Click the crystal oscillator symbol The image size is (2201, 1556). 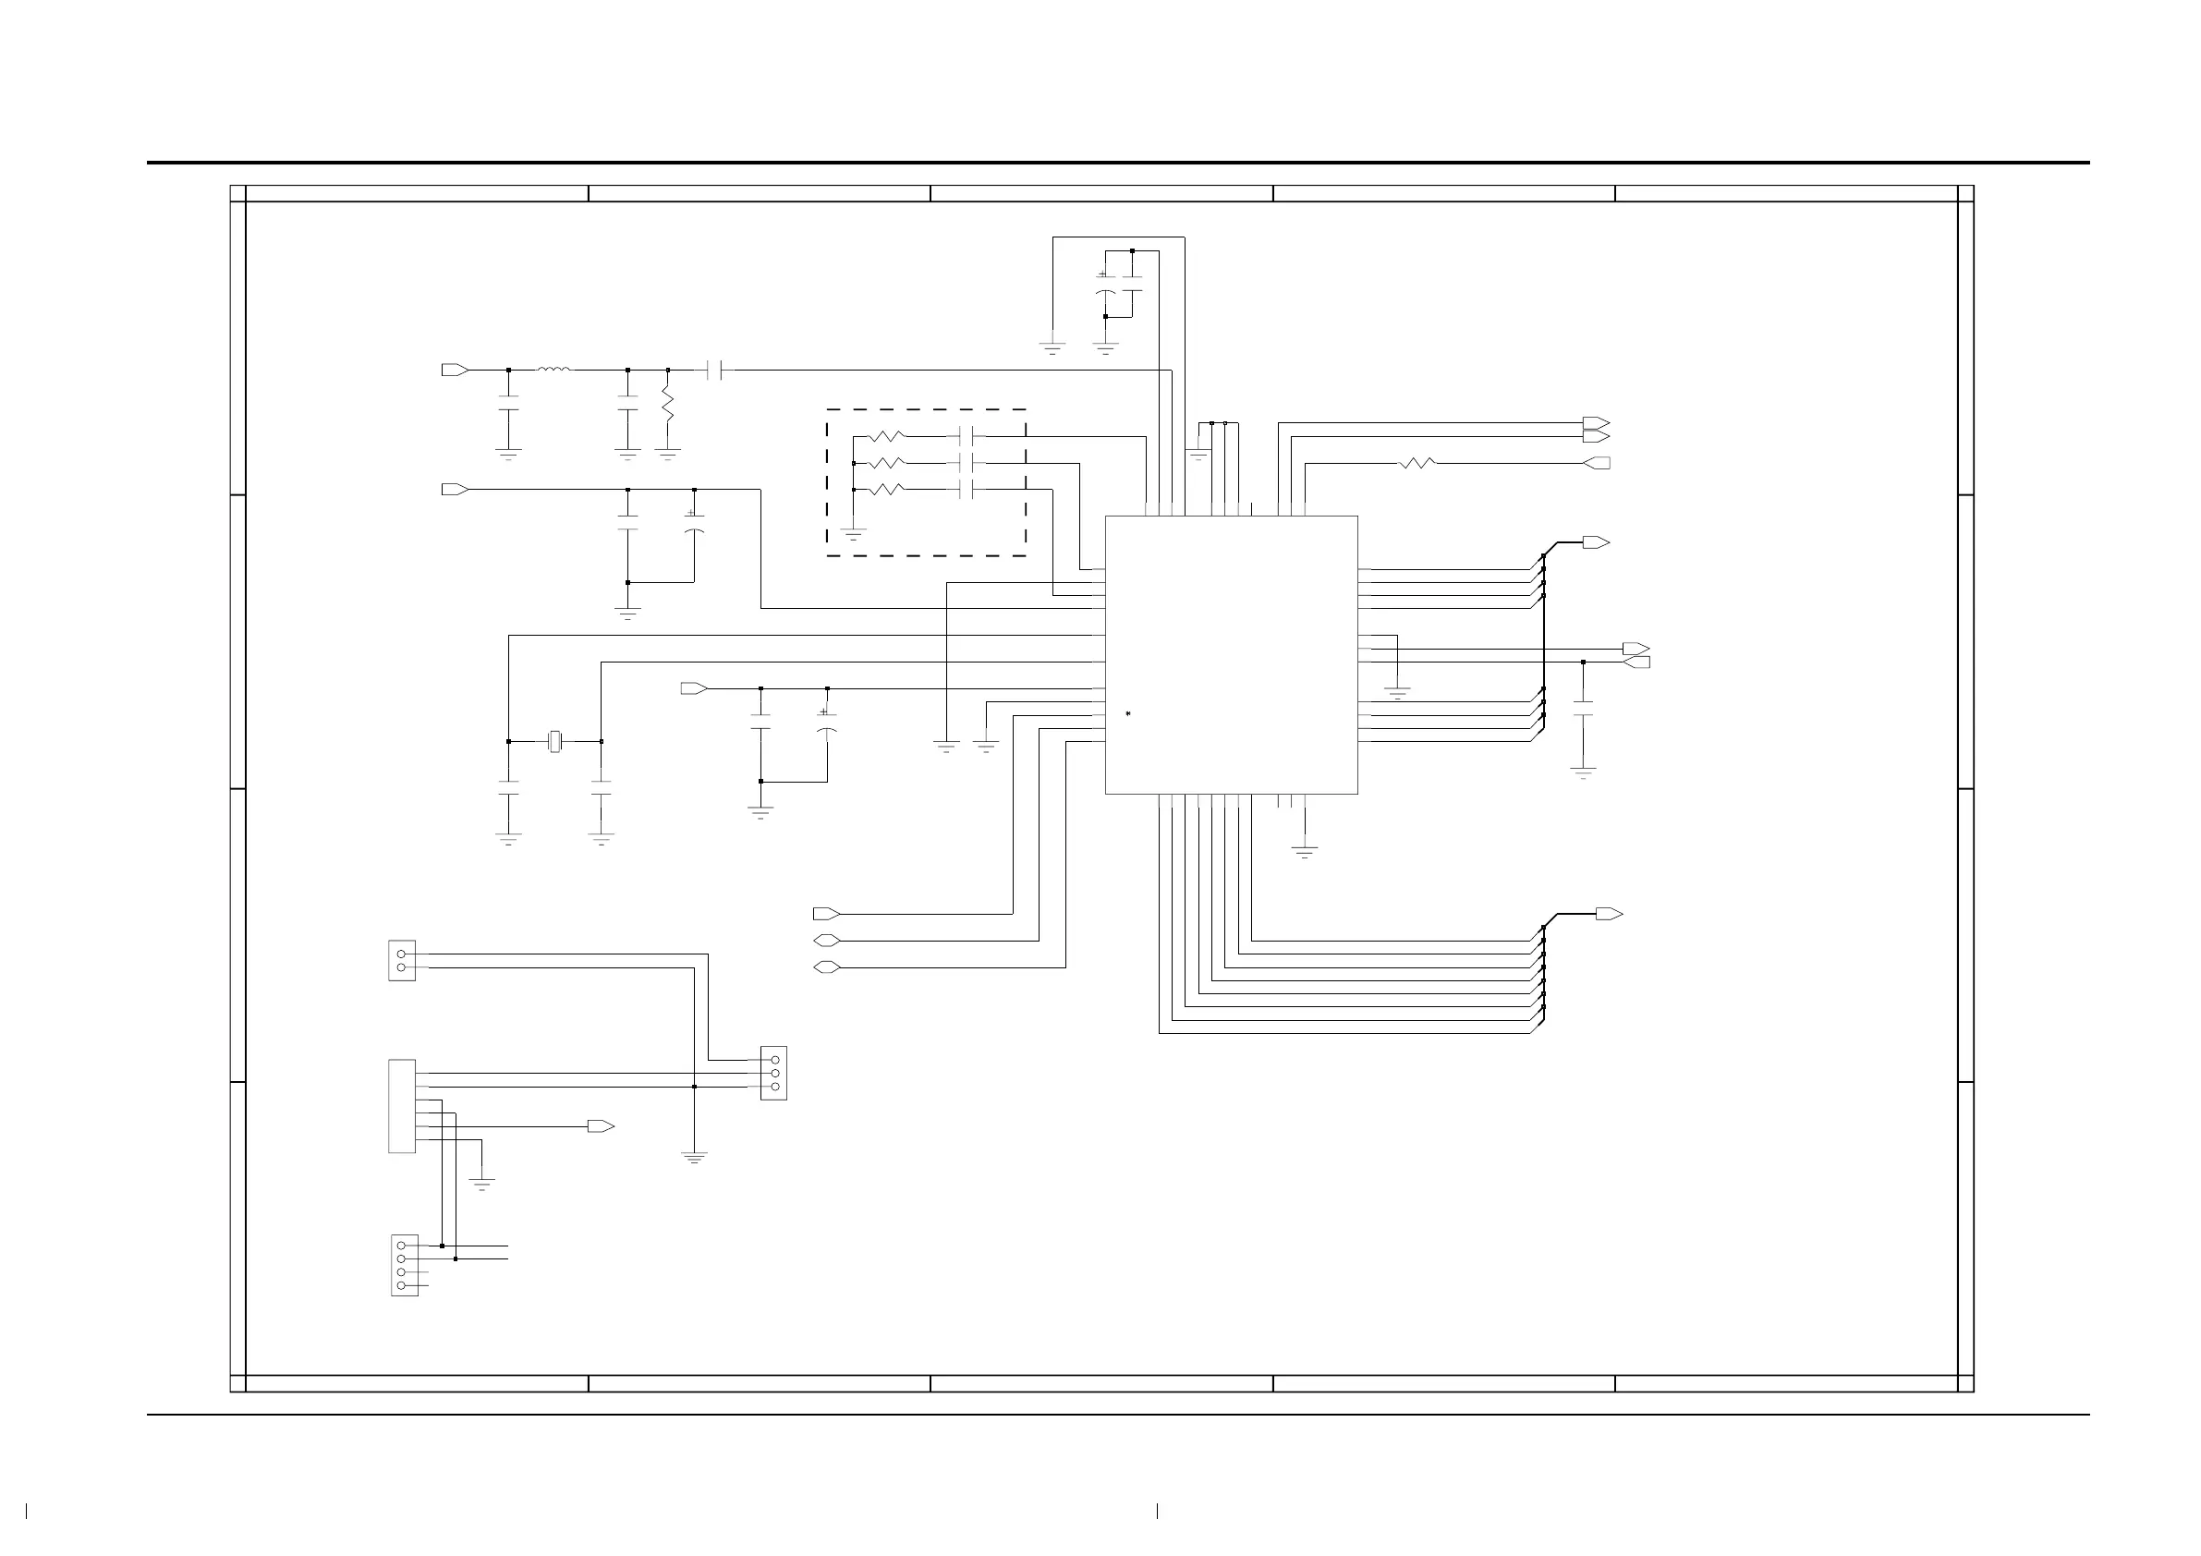tap(554, 741)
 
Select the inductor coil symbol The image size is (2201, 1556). tap(554, 369)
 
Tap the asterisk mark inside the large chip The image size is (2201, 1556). tap(1128, 714)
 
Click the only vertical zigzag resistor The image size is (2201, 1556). tap(668, 405)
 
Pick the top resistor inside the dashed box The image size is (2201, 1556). tap(886, 437)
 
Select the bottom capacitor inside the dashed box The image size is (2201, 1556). tap(967, 490)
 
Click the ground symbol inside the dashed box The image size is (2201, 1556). tap(853, 533)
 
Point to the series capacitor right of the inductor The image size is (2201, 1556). tap(713, 369)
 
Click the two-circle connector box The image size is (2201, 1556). tap(402, 961)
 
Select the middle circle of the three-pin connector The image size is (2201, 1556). tap(774, 1073)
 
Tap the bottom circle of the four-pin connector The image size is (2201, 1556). tap(401, 1284)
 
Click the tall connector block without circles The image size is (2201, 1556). tap(402, 1105)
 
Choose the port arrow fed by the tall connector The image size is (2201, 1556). tap(601, 1126)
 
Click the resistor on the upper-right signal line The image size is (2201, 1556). tap(1417, 463)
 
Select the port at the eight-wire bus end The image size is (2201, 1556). tap(1609, 914)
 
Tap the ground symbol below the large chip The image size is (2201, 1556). tap(1305, 850)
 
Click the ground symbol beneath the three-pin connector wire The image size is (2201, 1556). tap(694, 1158)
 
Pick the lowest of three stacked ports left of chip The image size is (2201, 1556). tap(826, 967)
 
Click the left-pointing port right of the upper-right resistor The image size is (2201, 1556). tap(1597, 463)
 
